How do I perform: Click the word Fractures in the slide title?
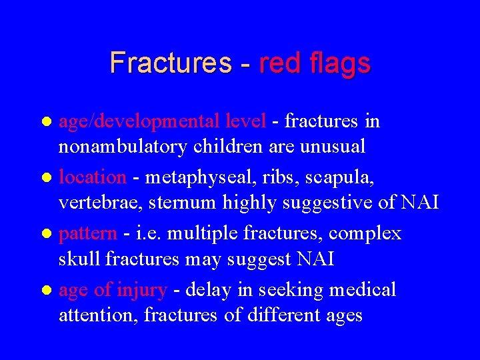click(x=170, y=63)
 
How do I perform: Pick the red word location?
click(x=93, y=178)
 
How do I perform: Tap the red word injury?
click(x=141, y=290)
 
